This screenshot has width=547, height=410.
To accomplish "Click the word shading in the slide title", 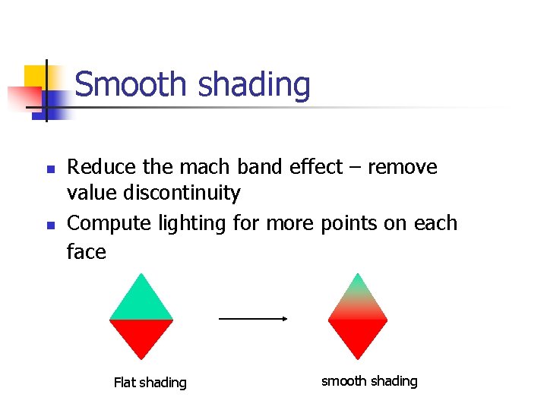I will click(254, 85).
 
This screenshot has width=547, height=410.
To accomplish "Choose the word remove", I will click(402, 167).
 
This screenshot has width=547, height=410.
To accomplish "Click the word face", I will click(86, 251).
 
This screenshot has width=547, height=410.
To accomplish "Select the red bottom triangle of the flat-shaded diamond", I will click(141, 334).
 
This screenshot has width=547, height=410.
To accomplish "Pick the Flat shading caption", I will click(150, 383).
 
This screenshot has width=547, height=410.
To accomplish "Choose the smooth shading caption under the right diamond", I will click(369, 381).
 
